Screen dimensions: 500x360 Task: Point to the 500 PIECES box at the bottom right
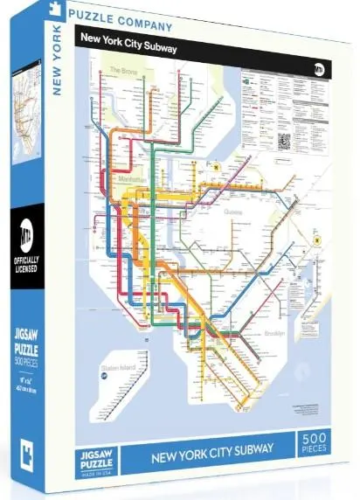(319, 444)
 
